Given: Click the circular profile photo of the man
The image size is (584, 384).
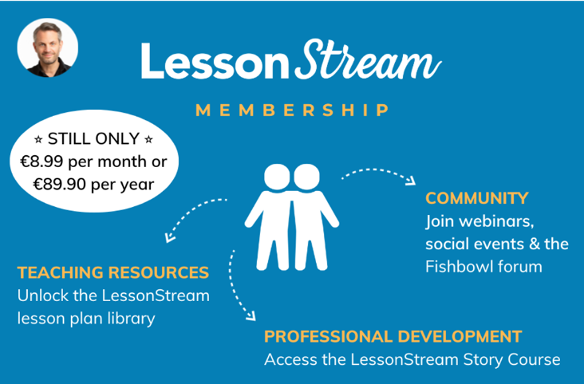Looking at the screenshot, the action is pyautogui.click(x=48, y=48).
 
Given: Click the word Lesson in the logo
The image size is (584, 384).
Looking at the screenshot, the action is pyautogui.click(x=215, y=61).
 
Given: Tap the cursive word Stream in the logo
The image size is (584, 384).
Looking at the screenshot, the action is pyautogui.click(x=369, y=60).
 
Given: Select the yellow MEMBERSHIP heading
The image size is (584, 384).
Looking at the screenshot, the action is pyautogui.click(x=292, y=110).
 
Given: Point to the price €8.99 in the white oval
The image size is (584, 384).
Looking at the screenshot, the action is pyautogui.click(x=42, y=162).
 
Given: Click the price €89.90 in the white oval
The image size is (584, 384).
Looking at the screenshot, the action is pyautogui.click(x=60, y=184).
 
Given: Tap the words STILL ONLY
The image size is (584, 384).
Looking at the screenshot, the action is pyautogui.click(x=93, y=139).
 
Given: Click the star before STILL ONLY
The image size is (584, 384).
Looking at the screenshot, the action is pyautogui.click(x=38, y=140).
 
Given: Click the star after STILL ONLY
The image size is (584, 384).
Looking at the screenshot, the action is pyautogui.click(x=148, y=140).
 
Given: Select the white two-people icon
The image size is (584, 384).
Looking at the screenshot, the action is pyautogui.click(x=292, y=217).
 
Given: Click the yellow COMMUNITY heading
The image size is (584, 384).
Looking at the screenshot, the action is pyautogui.click(x=477, y=198).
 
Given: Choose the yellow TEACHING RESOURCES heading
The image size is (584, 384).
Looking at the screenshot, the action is pyautogui.click(x=113, y=273).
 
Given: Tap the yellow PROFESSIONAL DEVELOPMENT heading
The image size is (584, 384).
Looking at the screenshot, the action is pyautogui.click(x=393, y=337).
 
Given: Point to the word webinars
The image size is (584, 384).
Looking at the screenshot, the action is pyautogui.click(x=496, y=222).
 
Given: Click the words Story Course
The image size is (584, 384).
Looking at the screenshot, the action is pyautogui.click(x=512, y=360).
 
